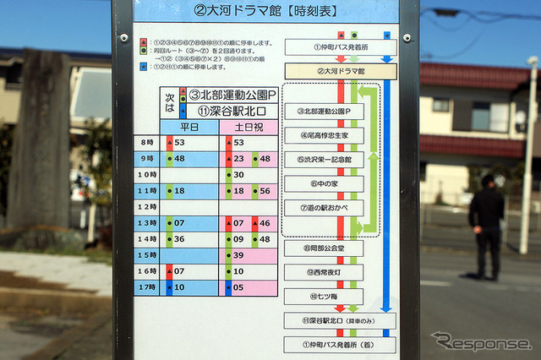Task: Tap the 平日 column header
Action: tap(189, 127)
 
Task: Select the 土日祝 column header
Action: tap(249, 127)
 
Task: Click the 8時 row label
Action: tap(148, 143)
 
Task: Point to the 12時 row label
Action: tap(148, 207)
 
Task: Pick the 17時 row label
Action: tap(148, 287)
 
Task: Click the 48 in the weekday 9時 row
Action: tap(179, 159)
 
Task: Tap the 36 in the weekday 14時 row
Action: tap(179, 239)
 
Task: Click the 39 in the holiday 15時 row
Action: tap(238, 255)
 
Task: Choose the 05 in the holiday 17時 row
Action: tap(238, 287)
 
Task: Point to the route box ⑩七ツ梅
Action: tap(324, 297)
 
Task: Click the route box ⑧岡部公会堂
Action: tap(324, 248)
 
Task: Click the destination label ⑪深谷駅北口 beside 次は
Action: tap(232, 111)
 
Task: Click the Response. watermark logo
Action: tap(481, 342)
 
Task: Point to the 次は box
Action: tap(169, 103)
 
